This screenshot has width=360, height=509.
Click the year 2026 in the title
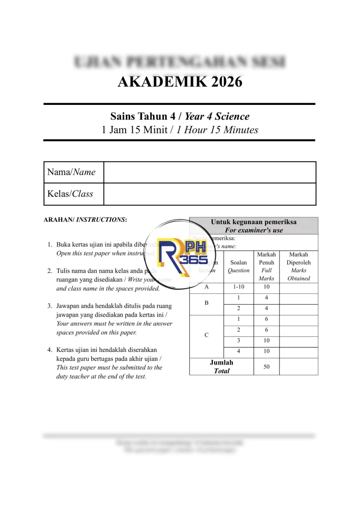pyautogui.click(x=220, y=82)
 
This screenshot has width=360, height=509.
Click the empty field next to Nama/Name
pyautogui.click(x=209, y=172)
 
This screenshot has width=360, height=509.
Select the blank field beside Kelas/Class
pyautogui.click(x=209, y=194)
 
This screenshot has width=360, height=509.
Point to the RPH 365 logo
pyautogui.click(x=182, y=256)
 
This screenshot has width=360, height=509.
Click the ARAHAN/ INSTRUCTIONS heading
pyautogui.click(x=85, y=220)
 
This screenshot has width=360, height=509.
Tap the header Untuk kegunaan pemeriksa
pyautogui.click(x=253, y=222)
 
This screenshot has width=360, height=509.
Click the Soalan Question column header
pyautogui.click(x=238, y=266)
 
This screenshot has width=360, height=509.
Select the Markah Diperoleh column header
pyautogui.click(x=298, y=266)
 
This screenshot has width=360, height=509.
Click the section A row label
pyautogui.click(x=207, y=287)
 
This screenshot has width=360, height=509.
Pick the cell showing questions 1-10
pyautogui.click(x=238, y=287)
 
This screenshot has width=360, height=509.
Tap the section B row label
pyautogui.click(x=207, y=303)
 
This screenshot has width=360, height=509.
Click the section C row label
pyautogui.click(x=207, y=335)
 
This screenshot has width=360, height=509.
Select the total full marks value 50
pyautogui.click(x=266, y=367)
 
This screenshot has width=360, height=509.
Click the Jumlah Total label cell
pyautogui.click(x=221, y=367)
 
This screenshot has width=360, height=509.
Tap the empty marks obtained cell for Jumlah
pyautogui.click(x=298, y=367)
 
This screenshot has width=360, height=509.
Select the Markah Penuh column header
pyautogui.click(x=266, y=266)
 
